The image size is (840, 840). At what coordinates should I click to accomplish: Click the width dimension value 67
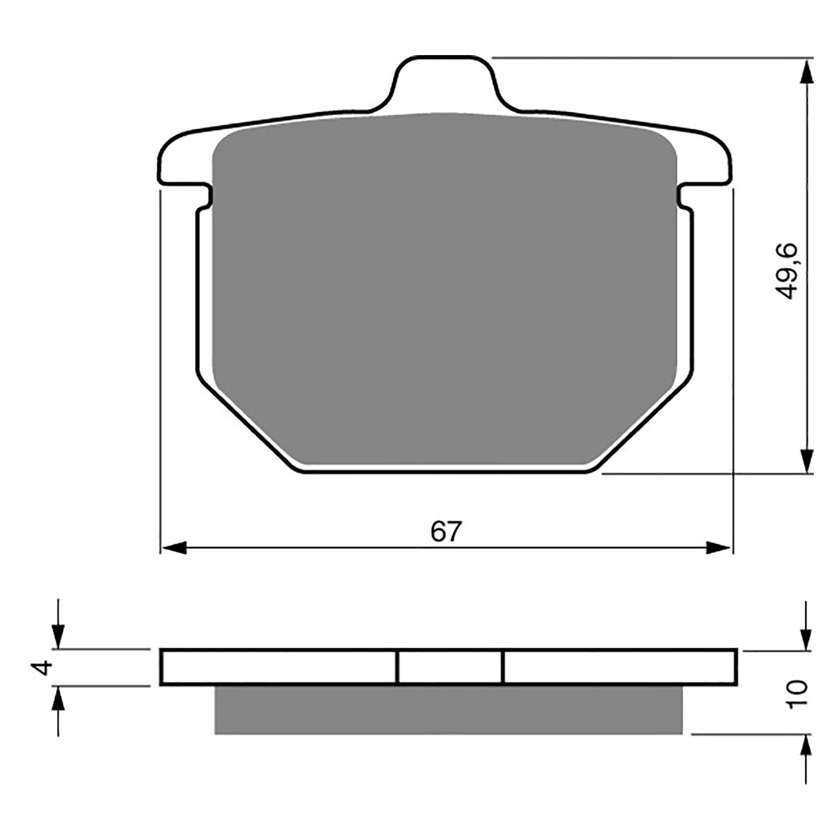446,532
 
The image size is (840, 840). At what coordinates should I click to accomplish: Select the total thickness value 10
797,694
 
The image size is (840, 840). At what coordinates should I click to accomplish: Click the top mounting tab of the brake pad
445,81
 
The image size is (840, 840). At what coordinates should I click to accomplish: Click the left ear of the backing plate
181,160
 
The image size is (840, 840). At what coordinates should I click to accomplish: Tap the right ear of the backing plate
709,160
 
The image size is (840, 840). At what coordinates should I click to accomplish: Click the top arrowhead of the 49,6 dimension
806,71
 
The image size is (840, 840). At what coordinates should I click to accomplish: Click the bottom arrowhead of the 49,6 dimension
806,461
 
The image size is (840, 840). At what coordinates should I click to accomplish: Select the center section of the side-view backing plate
450,667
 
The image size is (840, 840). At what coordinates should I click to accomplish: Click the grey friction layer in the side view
449,710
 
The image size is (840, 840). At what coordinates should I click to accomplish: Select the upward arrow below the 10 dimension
806,749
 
